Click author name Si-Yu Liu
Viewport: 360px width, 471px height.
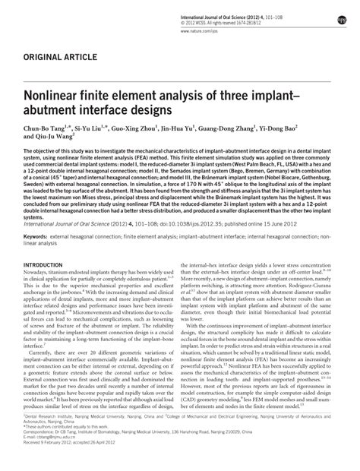click(x=96, y=131)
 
